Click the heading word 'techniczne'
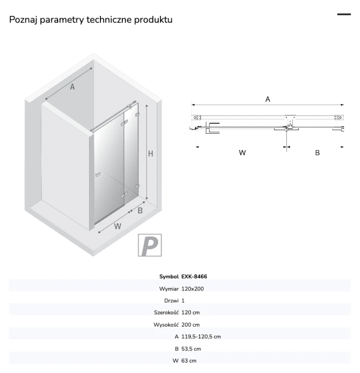click(x=109, y=19)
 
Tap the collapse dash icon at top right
click(x=344, y=14)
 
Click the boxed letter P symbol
click(x=150, y=245)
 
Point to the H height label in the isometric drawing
click(x=151, y=154)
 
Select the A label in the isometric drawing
click(x=72, y=87)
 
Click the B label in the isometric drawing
click(x=140, y=210)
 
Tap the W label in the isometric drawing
click(x=117, y=226)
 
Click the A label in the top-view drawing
click(x=268, y=99)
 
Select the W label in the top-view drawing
click(x=242, y=153)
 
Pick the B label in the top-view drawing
click(x=317, y=153)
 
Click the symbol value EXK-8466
click(x=194, y=277)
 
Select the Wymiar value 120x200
click(x=192, y=289)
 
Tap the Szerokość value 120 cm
click(x=190, y=313)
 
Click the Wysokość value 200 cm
click(x=190, y=325)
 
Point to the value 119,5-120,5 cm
click(x=201, y=337)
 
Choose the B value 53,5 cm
click(x=191, y=349)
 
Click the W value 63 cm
click(x=189, y=361)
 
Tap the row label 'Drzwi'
click(x=171, y=301)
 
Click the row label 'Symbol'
click(x=169, y=277)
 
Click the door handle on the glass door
click(x=98, y=175)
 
